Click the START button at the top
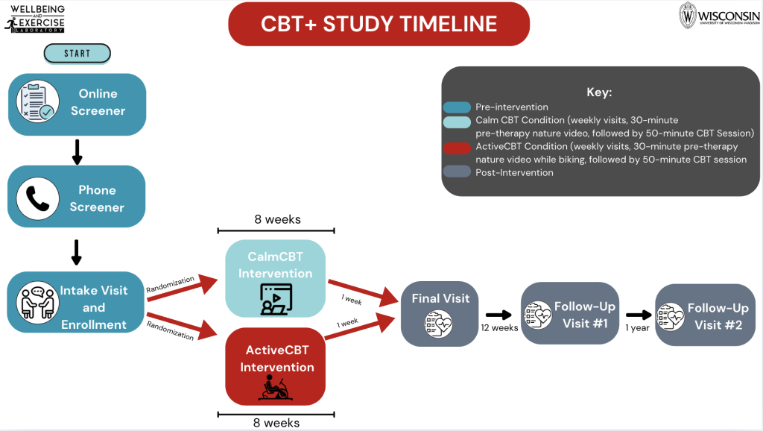pos(77,53)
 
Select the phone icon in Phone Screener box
pos(37,198)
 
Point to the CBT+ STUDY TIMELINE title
pos(379,23)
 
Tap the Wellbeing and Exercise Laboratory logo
pos(35,19)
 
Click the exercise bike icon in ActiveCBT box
pos(275,388)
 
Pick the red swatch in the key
pos(457,147)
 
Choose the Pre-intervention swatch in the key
pos(457,107)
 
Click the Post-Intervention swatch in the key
pos(457,173)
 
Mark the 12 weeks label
pos(499,327)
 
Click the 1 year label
pos(637,327)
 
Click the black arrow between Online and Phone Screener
pos(76,151)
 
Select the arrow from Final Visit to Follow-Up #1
pos(498,315)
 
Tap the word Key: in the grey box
pos(599,92)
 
